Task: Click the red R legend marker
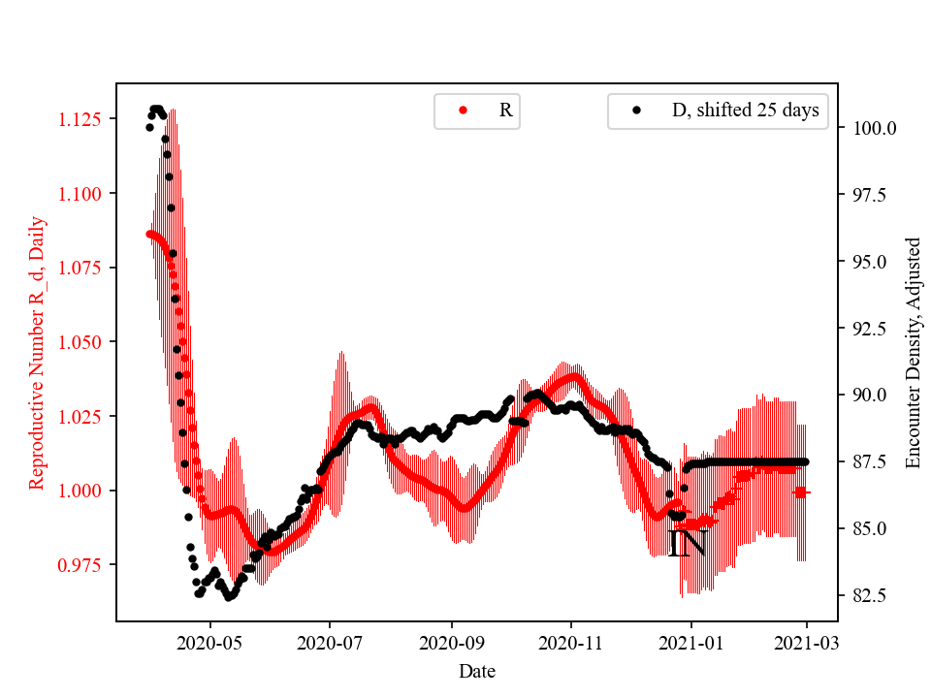pyautogui.click(x=464, y=111)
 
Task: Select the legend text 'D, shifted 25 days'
pyautogui.click(x=745, y=111)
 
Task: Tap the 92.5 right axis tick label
pyautogui.click(x=870, y=328)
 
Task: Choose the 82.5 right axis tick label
pyautogui.click(x=870, y=594)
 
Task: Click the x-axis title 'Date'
pyautogui.click(x=477, y=670)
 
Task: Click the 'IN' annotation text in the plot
pyautogui.click(x=688, y=544)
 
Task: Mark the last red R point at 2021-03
pyautogui.click(x=802, y=492)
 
